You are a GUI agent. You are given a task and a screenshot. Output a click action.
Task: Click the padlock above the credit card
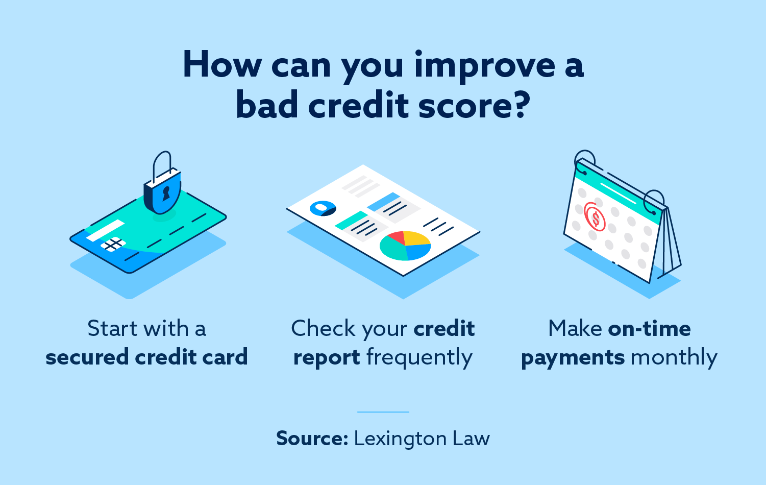click(x=162, y=189)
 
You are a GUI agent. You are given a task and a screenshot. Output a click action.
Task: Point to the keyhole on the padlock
click(x=165, y=193)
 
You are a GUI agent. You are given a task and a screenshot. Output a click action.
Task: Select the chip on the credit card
click(x=113, y=244)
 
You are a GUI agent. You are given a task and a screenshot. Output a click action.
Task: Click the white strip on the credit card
click(x=105, y=230)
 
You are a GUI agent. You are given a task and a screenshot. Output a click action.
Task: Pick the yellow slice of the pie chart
click(x=417, y=239)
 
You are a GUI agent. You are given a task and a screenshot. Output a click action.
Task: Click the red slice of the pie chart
click(x=396, y=237)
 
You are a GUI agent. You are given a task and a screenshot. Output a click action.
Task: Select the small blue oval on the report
click(x=323, y=208)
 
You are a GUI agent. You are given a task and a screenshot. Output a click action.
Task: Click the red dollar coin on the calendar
click(x=595, y=217)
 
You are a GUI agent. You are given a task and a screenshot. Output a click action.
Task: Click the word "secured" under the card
click(x=87, y=357)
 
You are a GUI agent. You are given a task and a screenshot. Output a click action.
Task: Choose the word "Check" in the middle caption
click(x=323, y=328)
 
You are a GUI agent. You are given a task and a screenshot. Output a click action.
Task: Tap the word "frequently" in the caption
click(x=419, y=357)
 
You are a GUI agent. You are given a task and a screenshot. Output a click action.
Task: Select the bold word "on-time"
click(x=649, y=328)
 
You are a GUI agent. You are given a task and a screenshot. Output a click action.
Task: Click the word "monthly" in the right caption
click(x=674, y=357)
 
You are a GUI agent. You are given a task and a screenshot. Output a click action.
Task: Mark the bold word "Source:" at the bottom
click(x=312, y=439)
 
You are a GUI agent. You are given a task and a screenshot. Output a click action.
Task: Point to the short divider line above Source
click(x=383, y=411)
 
